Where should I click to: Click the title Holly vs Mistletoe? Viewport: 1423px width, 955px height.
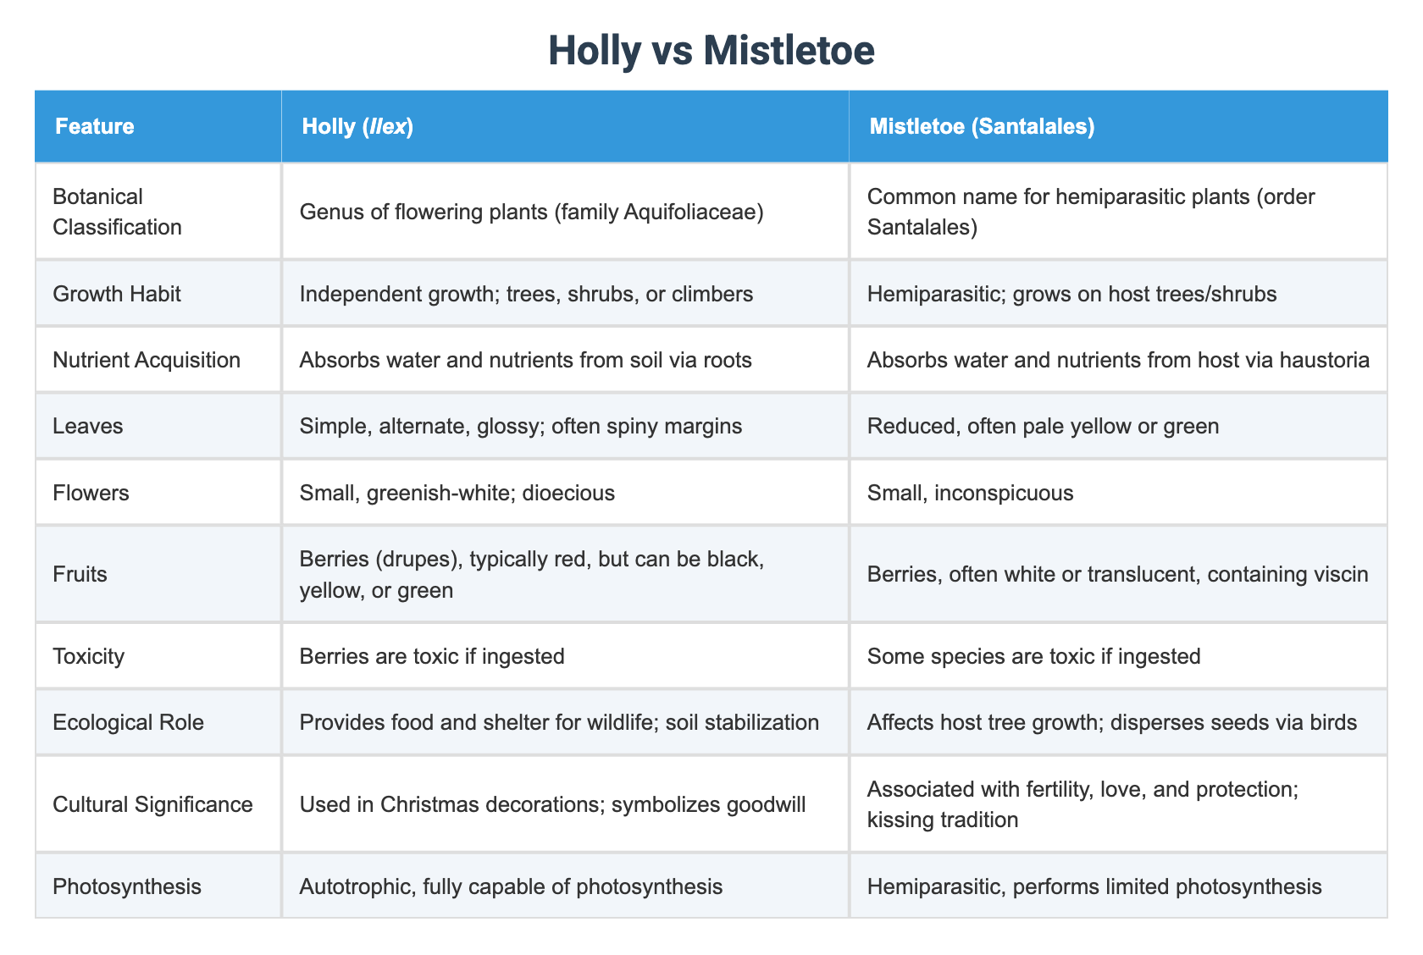pos(711,51)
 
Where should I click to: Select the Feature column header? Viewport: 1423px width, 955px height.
pos(94,127)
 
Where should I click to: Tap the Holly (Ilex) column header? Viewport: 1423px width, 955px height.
pos(357,127)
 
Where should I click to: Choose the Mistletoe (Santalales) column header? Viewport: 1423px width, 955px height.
pos(982,127)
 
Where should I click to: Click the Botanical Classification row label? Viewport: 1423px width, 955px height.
pos(117,212)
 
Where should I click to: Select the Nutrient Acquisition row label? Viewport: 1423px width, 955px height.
pos(146,360)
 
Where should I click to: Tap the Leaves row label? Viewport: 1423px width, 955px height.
pos(87,426)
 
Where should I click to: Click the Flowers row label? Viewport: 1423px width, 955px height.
pos(91,493)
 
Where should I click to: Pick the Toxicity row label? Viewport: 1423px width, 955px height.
pos(88,656)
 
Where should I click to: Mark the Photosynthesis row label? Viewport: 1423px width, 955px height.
pos(127,886)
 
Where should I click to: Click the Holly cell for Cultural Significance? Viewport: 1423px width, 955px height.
pos(552,804)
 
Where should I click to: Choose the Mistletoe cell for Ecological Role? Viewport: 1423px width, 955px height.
pos(1111,722)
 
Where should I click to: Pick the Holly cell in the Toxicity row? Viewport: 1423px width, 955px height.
pos(432,656)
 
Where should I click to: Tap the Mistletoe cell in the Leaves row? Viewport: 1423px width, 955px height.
pos(1043,426)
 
